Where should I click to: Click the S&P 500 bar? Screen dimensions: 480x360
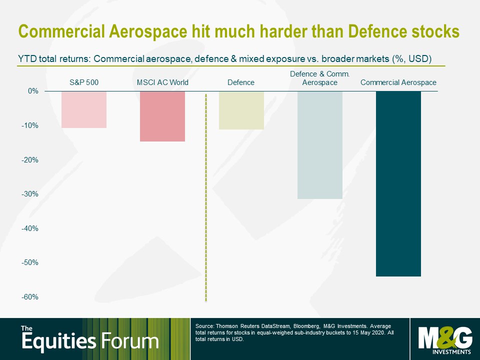[84, 109]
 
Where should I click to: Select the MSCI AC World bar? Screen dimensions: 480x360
[162, 116]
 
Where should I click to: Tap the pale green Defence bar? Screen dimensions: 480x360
[241, 110]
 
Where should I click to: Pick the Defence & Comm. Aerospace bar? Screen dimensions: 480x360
[320, 145]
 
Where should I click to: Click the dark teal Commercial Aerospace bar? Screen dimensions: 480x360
[398, 183]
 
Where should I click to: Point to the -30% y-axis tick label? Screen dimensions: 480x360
[29, 194]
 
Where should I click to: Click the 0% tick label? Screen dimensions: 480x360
[33, 91]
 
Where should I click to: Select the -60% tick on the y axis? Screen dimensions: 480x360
[29, 297]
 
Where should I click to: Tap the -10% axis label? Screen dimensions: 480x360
[29, 125]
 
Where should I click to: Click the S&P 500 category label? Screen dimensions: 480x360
[84, 82]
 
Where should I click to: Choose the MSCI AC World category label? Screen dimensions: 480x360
[162, 82]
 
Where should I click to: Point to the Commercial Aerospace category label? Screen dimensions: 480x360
[398, 82]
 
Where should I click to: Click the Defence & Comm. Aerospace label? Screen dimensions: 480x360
[320, 78]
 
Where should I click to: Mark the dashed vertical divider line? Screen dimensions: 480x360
[206, 197]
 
